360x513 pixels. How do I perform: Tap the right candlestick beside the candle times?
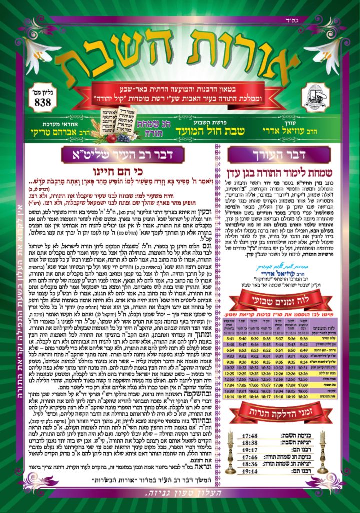pos(323,453)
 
